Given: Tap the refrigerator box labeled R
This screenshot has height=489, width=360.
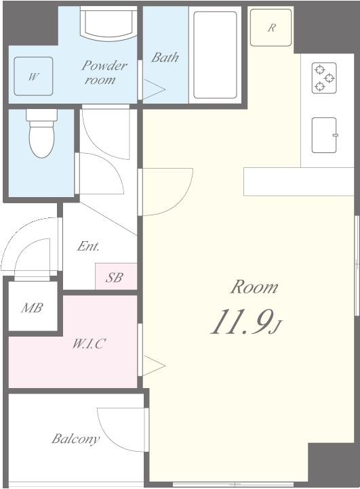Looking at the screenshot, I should [271, 28].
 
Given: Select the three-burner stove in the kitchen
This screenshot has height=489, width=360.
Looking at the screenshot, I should [323, 78].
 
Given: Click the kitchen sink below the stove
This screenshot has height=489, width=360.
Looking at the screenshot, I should [324, 135].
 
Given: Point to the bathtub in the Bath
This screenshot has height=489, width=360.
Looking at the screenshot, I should [215, 54].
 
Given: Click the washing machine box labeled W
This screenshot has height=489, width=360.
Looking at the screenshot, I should [33, 77].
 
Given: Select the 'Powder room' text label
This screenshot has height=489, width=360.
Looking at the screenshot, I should [104, 72].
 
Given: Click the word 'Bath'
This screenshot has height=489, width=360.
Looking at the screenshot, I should [165, 58].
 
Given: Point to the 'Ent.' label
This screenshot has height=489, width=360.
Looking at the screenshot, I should [88, 247].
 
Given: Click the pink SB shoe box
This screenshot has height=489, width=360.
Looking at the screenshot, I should [115, 277].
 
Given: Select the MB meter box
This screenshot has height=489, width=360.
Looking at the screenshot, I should [32, 308].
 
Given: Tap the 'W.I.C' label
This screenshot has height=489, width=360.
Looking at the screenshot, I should [89, 343].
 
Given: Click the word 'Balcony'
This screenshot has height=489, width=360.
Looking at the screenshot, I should [75, 439].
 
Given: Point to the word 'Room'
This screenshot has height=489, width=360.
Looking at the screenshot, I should [254, 287].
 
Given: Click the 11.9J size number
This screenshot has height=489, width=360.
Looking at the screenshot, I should [244, 322].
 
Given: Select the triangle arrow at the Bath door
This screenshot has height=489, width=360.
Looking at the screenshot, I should [153, 88].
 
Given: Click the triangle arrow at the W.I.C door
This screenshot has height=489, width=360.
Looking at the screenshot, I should [153, 366].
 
